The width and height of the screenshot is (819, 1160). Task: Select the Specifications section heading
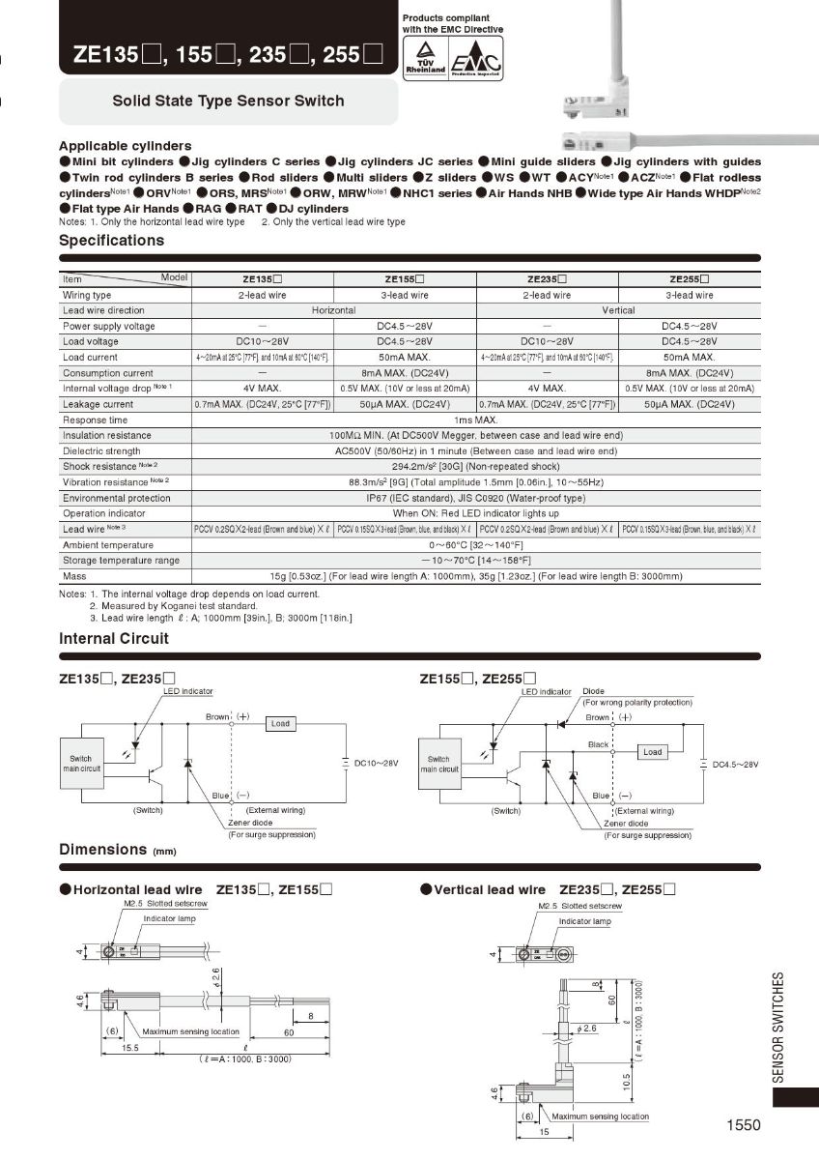[x=112, y=241]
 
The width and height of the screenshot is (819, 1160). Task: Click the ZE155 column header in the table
[x=405, y=279]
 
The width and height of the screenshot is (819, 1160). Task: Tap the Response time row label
[x=95, y=420]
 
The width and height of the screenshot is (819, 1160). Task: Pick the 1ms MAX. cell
[x=476, y=420]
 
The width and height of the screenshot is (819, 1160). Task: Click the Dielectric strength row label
[x=101, y=451]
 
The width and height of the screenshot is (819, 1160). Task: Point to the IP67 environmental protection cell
[x=476, y=498]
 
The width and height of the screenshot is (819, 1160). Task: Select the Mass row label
[x=74, y=576]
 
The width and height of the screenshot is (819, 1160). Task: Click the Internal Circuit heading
[x=114, y=639]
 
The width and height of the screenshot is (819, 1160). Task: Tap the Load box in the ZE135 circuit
[x=280, y=723]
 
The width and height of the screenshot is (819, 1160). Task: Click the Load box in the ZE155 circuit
[x=653, y=751]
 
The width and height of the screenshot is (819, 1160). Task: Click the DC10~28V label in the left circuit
[x=376, y=764]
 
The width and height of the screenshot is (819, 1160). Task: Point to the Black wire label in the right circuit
[x=599, y=745]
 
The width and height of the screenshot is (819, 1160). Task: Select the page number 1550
[x=744, y=1124]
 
